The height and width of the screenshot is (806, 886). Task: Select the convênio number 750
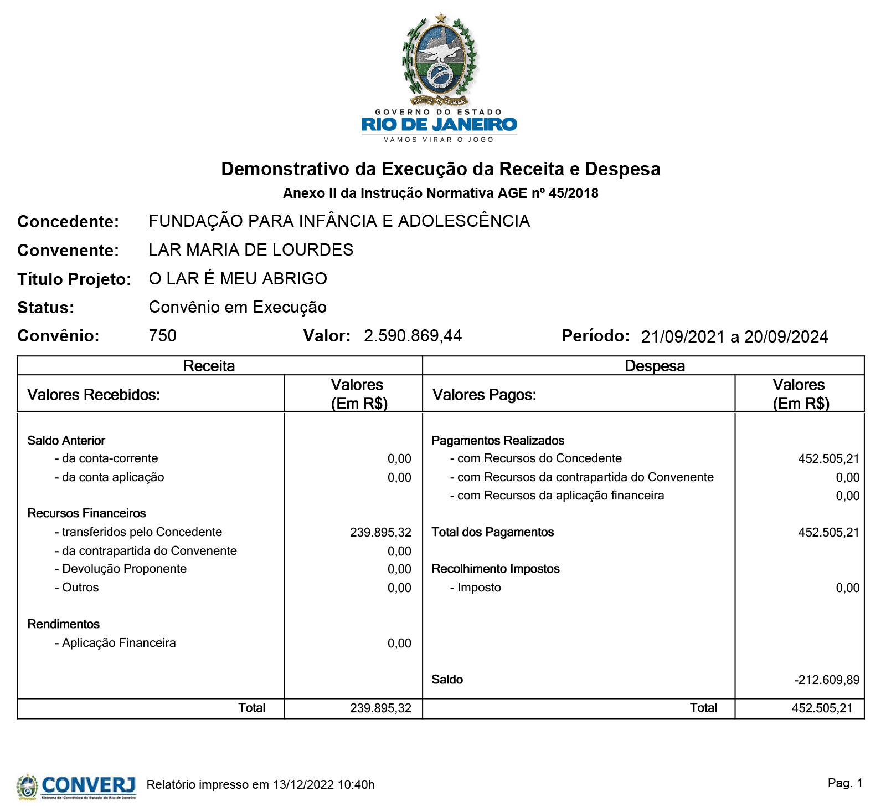(162, 336)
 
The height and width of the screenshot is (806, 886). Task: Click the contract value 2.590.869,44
(413, 336)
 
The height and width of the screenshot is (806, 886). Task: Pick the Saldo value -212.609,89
(827, 680)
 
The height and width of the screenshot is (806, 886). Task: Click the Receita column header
(209, 366)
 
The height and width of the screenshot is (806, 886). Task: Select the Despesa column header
(655, 366)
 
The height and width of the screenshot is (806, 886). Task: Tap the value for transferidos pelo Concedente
(380, 533)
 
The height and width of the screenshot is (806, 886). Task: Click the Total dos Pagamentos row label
(492, 532)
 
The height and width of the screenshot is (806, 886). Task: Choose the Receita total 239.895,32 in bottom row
(380, 708)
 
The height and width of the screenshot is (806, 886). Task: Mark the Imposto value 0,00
(847, 588)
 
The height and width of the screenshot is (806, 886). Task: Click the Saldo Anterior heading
(66, 441)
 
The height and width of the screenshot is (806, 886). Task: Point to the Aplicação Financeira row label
(119, 643)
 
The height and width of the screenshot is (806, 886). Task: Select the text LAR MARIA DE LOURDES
(251, 250)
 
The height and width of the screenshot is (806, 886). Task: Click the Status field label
(45, 308)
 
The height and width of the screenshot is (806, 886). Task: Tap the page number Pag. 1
(845, 783)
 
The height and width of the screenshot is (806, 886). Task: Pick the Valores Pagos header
(484, 395)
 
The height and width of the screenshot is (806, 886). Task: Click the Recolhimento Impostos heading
(495, 569)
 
